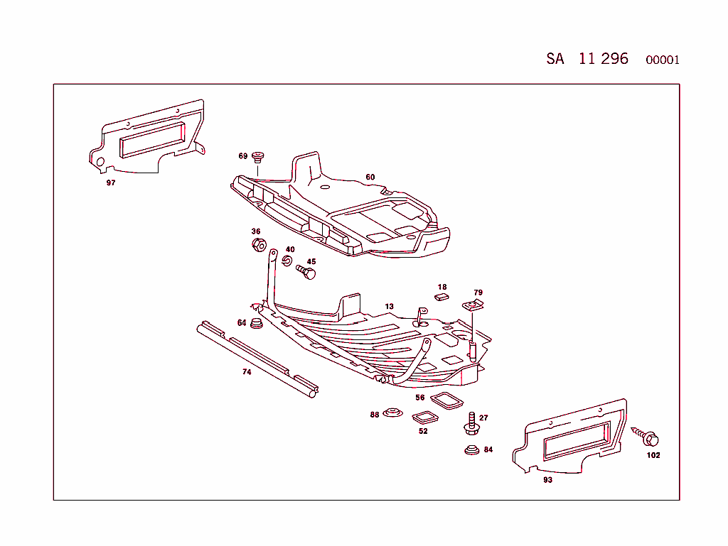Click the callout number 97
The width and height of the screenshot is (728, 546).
click(x=111, y=182)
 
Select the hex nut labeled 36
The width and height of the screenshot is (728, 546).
click(x=259, y=246)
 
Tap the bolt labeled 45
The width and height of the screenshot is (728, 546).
click(x=306, y=272)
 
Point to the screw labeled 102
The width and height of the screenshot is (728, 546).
click(x=648, y=435)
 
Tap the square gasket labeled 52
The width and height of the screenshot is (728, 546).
click(x=425, y=417)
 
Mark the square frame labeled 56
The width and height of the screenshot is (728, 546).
click(x=446, y=400)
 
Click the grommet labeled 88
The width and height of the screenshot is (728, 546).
click(x=391, y=413)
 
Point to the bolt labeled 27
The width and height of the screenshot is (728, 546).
click(x=471, y=422)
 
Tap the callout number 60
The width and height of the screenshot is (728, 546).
click(x=370, y=177)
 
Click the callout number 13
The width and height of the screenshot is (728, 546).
click(x=389, y=307)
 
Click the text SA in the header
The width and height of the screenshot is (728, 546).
click(x=555, y=59)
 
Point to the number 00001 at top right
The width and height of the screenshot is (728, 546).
click(x=662, y=60)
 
